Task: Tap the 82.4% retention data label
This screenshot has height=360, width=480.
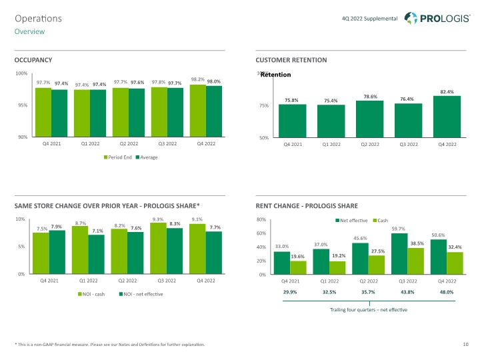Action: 447,92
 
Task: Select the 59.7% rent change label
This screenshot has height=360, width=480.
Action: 399,229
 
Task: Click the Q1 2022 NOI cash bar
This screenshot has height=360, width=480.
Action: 80,250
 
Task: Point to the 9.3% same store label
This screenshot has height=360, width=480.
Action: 158,219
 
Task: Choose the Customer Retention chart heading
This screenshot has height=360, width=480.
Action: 291,60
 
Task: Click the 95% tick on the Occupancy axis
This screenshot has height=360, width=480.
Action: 22,105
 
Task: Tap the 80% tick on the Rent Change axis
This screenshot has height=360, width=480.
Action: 261,219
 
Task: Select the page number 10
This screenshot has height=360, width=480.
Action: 465,344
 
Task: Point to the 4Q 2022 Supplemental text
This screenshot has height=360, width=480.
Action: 369,18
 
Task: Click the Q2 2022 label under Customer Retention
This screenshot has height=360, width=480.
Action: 369,144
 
